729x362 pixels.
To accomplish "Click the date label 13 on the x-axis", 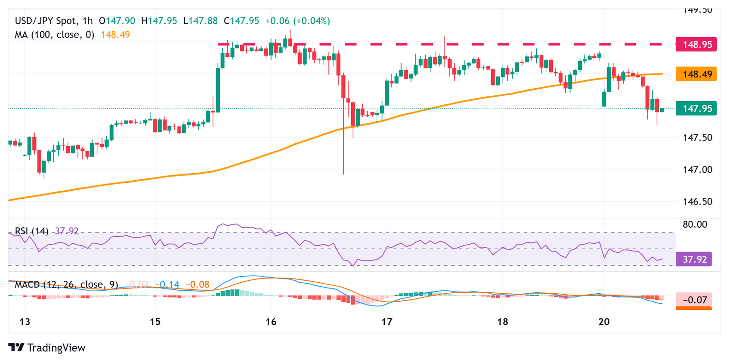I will pos(25,322).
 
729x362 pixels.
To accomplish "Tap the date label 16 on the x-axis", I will pos(271,322).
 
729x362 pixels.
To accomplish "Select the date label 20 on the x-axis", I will pos(604,322).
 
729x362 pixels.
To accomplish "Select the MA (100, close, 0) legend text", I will pos(55,35).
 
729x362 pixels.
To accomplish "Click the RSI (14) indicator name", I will pos(31,231).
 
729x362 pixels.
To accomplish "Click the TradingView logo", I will pos(47,348).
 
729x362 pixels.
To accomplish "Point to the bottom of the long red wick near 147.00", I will pos(343,174).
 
